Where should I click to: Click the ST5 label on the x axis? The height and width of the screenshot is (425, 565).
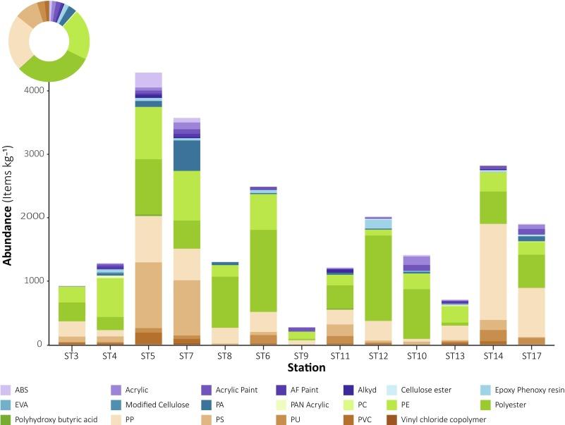click(x=148, y=356)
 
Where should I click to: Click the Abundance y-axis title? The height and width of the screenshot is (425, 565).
click(x=8, y=211)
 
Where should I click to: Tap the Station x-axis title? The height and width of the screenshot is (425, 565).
click(x=301, y=367)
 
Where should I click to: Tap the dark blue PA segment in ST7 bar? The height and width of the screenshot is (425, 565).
click(x=187, y=156)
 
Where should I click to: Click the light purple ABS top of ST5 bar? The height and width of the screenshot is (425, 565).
click(x=148, y=80)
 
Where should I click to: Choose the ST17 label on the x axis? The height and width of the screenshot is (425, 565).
click(x=532, y=356)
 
